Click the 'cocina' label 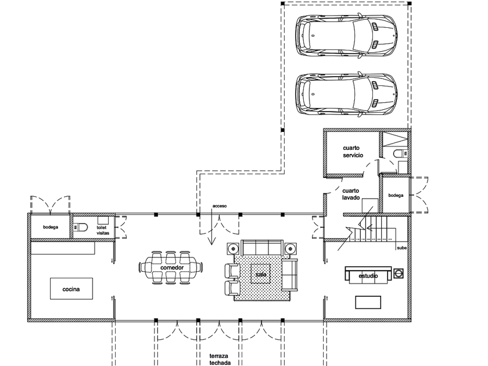tap(71, 289)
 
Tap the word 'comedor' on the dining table tap(172, 268)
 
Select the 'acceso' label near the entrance tap(220, 206)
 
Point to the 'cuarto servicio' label tap(353, 152)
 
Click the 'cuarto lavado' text tap(351, 194)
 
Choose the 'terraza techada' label tap(220, 359)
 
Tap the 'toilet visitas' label tap(103, 230)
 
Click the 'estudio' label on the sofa tap(368, 276)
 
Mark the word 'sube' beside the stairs tap(401, 248)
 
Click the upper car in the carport tap(346, 35)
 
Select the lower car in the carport tap(346, 94)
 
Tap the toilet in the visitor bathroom tap(80, 228)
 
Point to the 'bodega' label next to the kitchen tap(51, 227)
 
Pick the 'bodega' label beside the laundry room tap(396, 195)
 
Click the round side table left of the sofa tap(234, 249)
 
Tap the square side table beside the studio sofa tap(399, 273)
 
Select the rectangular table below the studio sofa tap(368, 302)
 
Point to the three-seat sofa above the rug tap(262, 247)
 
